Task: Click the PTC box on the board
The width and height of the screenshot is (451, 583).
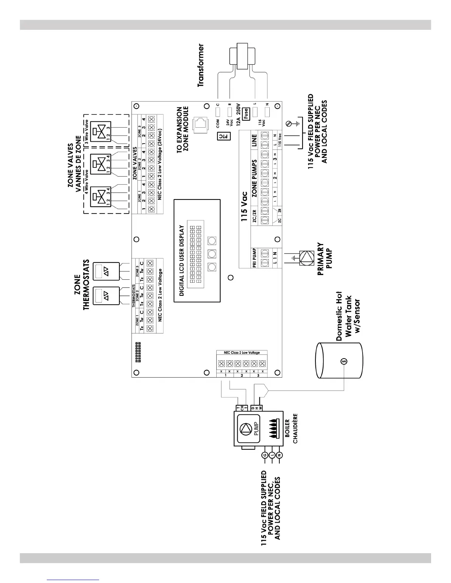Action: click(222, 136)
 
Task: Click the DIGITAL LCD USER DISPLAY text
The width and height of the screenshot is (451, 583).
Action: click(181, 261)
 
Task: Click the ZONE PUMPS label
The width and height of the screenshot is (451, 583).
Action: click(254, 177)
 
